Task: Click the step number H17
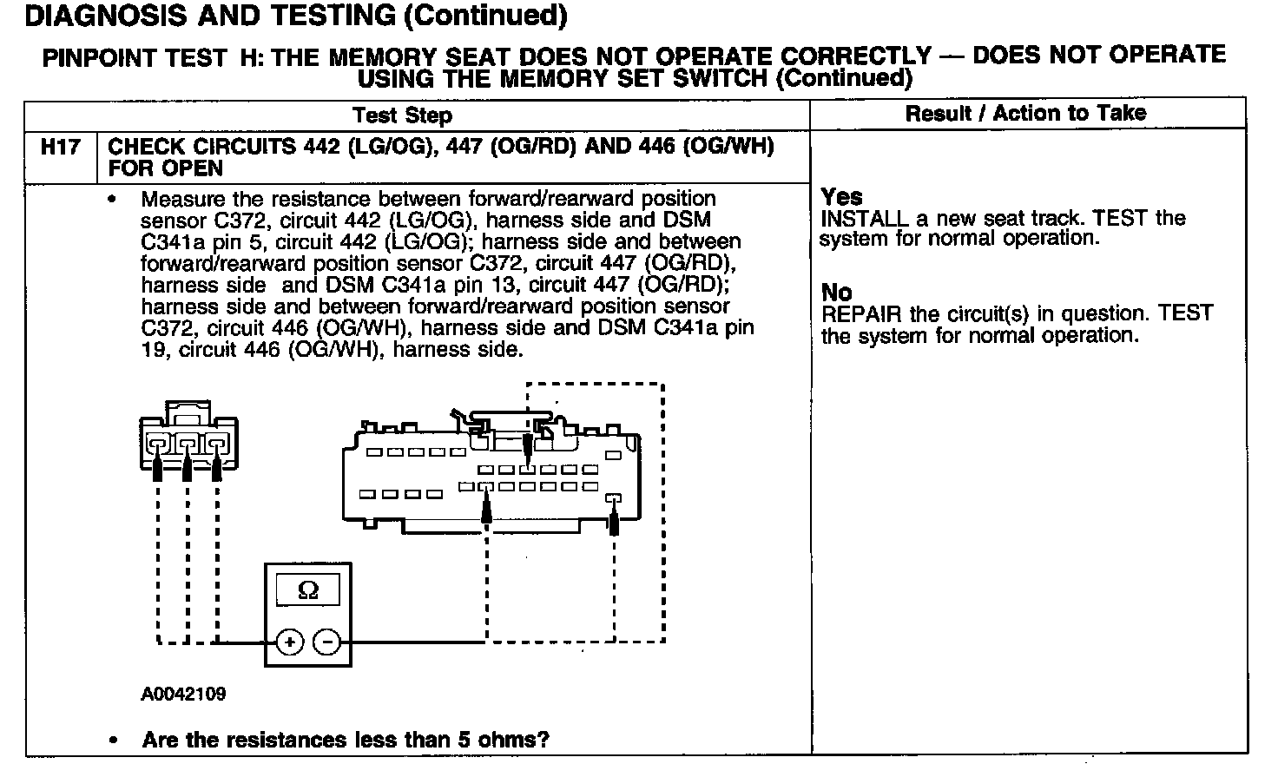click(60, 148)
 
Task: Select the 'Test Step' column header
click(402, 115)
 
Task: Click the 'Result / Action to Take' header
click(1025, 113)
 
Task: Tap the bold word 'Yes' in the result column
click(841, 197)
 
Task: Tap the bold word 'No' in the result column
click(836, 293)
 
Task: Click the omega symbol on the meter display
click(307, 591)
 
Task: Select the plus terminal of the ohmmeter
click(289, 642)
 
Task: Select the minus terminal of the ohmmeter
click(326, 642)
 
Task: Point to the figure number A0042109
click(183, 694)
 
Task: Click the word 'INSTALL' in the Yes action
click(864, 218)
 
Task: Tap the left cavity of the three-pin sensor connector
click(157, 445)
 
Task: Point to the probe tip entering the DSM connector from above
click(527, 452)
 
